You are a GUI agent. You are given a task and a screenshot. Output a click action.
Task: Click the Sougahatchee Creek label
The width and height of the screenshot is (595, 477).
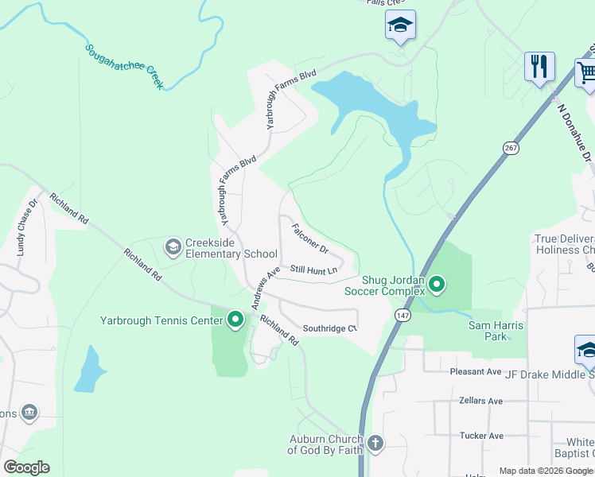click(x=124, y=65)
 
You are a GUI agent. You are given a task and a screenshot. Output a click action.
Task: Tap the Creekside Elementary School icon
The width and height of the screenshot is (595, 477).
click(x=173, y=248)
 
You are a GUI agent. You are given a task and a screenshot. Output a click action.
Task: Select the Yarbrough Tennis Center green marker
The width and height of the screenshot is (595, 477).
click(x=235, y=320)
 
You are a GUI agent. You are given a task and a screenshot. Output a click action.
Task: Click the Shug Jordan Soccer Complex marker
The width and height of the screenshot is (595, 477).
click(x=437, y=284)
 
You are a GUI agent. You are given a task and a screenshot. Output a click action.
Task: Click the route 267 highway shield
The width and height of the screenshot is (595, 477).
click(x=510, y=148)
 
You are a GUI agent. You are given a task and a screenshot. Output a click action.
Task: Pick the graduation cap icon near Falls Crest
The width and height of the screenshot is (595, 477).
click(x=400, y=25)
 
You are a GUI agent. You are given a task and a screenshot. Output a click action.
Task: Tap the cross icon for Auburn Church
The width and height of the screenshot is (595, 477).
click(x=375, y=443)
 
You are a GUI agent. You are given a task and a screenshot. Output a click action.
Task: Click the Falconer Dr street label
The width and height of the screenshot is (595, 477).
click(x=310, y=238)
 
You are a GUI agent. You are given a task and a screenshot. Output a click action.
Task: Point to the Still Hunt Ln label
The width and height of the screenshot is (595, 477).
click(x=313, y=270)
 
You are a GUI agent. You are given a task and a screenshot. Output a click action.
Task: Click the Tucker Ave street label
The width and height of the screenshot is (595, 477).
click(x=481, y=436)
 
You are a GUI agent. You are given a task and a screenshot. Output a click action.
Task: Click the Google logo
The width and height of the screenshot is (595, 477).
click(x=26, y=467)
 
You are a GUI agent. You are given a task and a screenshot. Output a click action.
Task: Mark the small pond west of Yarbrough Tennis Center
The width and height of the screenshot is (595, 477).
click(x=89, y=370)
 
